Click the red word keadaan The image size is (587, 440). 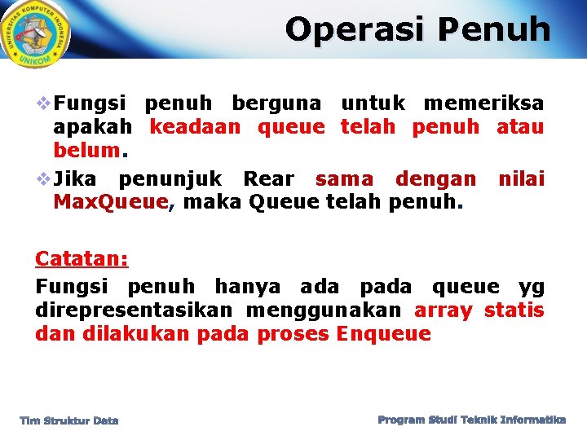[x=195, y=128]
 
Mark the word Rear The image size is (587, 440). [x=269, y=178]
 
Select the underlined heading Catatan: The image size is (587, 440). [x=82, y=259]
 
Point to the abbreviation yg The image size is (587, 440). [x=532, y=287]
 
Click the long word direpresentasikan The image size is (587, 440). [x=133, y=310]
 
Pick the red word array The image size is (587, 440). [x=443, y=310]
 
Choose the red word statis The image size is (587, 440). [x=514, y=310]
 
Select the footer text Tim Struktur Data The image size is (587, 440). [x=69, y=420]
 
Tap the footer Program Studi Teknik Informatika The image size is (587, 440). [x=471, y=420]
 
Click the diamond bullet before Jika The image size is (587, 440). [x=43, y=178]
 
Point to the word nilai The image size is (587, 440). [x=521, y=178]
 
